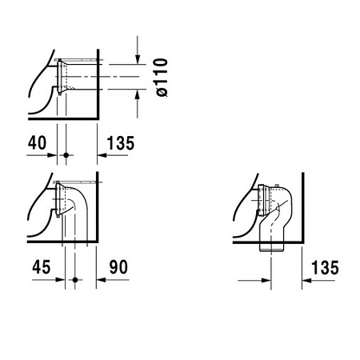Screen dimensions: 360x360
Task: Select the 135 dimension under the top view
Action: pos(118,143)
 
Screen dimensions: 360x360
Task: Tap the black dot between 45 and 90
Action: pos(75,280)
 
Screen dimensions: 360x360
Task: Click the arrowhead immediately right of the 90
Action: pos(101,280)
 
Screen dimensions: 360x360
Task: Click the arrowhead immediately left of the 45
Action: pos(58,280)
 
